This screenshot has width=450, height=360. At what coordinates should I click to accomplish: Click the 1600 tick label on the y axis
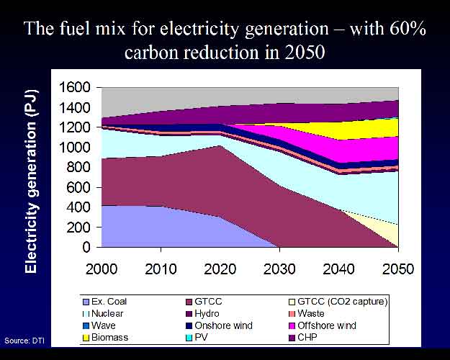coord(74,87)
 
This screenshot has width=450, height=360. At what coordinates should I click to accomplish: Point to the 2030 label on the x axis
coord(279,269)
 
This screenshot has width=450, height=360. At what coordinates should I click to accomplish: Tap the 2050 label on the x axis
coord(398,269)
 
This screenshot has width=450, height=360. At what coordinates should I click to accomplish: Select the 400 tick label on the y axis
coord(78,207)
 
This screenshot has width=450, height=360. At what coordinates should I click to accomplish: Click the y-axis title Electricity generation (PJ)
coord(31,181)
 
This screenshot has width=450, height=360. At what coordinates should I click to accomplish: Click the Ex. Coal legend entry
coord(104,302)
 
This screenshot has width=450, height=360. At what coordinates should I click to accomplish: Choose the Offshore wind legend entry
coord(323,325)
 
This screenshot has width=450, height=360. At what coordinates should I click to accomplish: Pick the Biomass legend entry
coord(105,338)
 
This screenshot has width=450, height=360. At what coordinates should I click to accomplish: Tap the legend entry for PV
coord(197,338)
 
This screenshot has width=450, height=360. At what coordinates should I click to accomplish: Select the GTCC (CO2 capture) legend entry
coord(338,302)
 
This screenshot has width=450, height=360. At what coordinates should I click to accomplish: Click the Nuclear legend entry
coord(103,313)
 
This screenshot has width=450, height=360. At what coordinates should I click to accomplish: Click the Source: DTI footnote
coord(24,341)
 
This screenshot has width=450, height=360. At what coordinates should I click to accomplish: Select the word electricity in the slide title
coord(199,29)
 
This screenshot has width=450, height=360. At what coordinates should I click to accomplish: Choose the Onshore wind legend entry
coord(220,325)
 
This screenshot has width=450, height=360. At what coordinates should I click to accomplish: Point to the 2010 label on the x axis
coord(161,269)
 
